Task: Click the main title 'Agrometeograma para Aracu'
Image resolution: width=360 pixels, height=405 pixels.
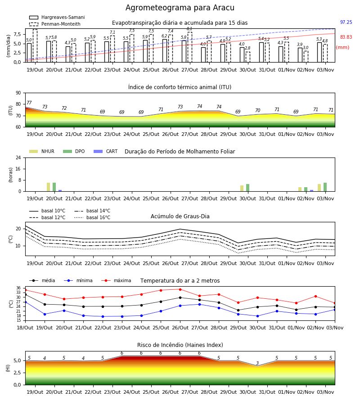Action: click(x=180, y=8)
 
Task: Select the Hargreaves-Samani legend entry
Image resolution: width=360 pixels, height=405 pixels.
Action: click(x=57, y=17)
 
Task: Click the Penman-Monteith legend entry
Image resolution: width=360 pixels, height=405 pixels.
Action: click(x=55, y=24)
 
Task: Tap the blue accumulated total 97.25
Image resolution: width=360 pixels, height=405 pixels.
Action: click(x=346, y=22)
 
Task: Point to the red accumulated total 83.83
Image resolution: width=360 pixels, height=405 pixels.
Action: click(x=346, y=37)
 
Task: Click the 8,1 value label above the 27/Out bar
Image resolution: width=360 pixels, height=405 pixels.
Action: click(x=189, y=29)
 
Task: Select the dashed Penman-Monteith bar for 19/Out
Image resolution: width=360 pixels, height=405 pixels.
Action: click(x=35, y=46)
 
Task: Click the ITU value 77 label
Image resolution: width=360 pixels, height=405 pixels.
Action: click(x=29, y=103)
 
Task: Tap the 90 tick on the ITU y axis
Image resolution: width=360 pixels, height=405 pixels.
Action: click(x=18, y=93)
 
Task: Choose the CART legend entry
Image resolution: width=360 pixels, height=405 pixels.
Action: click(x=106, y=151)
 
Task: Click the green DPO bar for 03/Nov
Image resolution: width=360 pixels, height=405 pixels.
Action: click(x=325, y=187)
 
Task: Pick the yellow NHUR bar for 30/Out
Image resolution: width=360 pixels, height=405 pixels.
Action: click(x=242, y=188)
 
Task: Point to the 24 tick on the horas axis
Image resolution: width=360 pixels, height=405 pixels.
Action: click(x=18, y=158)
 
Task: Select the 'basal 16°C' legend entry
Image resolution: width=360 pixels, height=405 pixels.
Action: click(x=92, y=217)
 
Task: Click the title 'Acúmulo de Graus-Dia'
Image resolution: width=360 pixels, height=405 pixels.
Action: click(x=180, y=216)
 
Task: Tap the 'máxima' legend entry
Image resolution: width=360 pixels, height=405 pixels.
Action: click(x=116, y=280)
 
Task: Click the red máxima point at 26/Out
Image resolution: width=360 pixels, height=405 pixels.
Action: click(x=180, y=289)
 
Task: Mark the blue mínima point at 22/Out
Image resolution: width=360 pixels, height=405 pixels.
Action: click(x=103, y=316)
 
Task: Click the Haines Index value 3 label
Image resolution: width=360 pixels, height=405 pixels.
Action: click(x=257, y=363)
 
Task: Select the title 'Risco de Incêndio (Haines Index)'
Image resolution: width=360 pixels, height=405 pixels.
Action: click(x=180, y=345)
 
